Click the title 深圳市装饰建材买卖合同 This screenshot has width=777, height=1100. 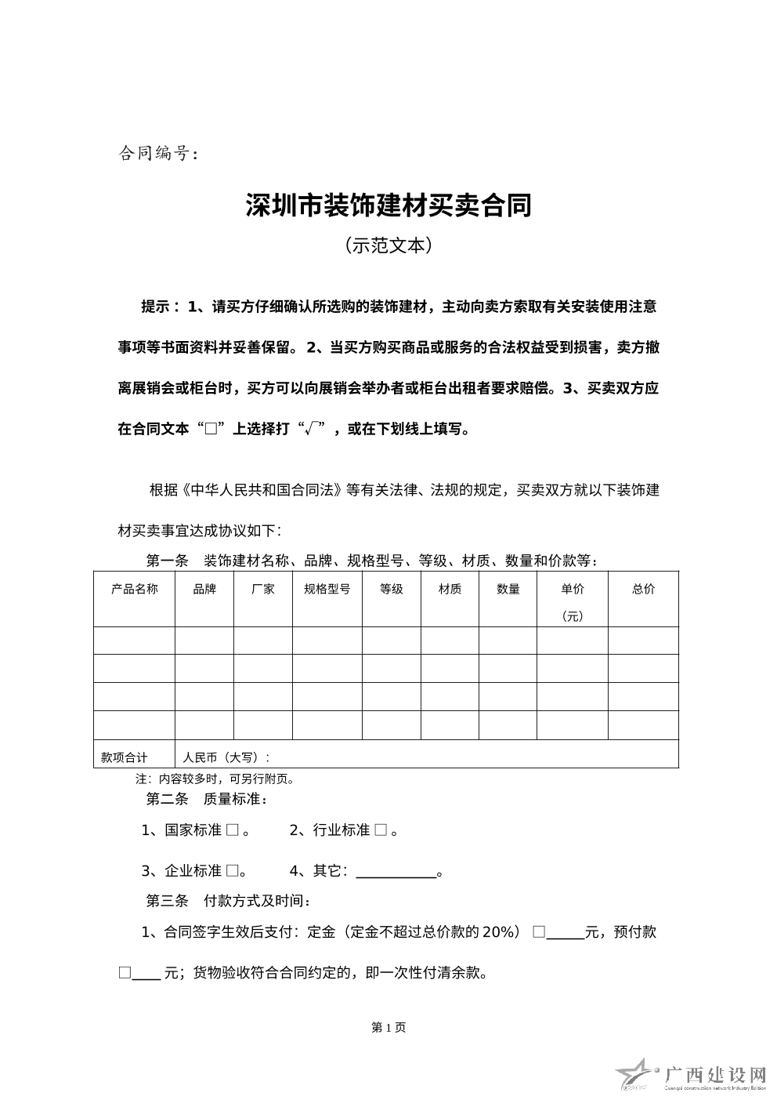(x=388, y=205)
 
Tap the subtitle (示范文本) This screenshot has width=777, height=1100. (x=388, y=245)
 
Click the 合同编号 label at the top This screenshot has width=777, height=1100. (x=154, y=154)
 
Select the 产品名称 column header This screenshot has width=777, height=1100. (x=134, y=589)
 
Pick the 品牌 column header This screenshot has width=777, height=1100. (x=204, y=589)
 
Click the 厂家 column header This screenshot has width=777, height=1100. (x=263, y=589)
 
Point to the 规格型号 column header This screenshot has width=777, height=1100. (x=327, y=589)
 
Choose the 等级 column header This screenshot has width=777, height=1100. (x=392, y=589)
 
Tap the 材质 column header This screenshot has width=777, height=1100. (x=450, y=589)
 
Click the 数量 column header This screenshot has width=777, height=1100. (x=508, y=589)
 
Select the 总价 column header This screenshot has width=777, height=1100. (x=644, y=589)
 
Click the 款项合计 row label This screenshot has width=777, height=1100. (x=124, y=757)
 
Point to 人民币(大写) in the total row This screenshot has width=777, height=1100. (x=226, y=757)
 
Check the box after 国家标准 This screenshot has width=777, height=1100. (x=232, y=830)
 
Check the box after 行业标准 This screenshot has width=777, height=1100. (x=381, y=830)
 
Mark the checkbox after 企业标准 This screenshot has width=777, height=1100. (x=232, y=870)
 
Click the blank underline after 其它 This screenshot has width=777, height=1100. (x=396, y=872)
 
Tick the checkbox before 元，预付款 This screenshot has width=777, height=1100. (x=539, y=931)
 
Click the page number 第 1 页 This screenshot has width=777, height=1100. (x=388, y=1027)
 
